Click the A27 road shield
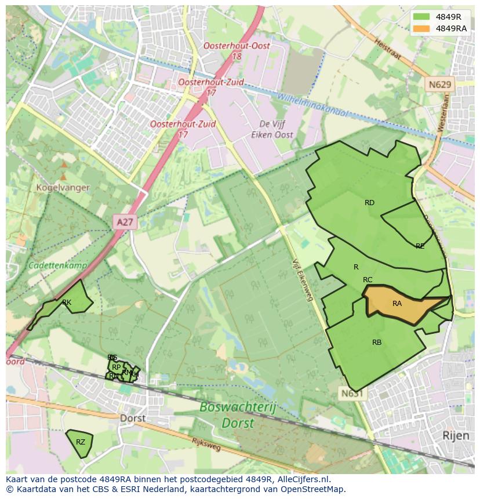click(125, 221)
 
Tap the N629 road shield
click(440, 85)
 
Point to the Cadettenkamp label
click(58, 265)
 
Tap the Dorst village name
click(133, 418)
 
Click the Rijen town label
click(456, 435)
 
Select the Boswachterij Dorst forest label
click(238, 415)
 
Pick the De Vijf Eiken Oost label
click(276, 129)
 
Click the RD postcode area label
click(369, 203)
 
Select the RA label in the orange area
click(397, 304)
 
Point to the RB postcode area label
click(377, 343)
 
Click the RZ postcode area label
click(81, 442)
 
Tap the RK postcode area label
click(67, 303)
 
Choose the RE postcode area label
click(420, 246)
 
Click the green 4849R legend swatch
click(421, 17)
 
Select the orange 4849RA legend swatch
click(421, 28)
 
